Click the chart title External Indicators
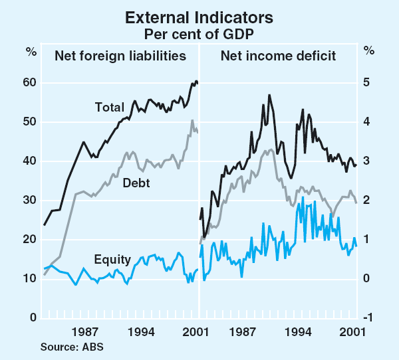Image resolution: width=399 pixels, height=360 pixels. tap(199, 15)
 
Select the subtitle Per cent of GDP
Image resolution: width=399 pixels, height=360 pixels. tap(199, 31)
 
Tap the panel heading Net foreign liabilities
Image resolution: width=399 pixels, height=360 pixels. tap(120, 56)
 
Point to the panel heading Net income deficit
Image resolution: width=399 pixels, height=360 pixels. tap(278, 56)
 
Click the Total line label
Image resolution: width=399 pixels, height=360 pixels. tap(109, 106)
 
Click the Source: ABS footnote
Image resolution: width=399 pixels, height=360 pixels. tap(72, 347)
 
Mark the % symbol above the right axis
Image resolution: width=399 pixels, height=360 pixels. tap(369, 50)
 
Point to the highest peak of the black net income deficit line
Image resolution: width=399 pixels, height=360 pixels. tap(269, 95)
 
